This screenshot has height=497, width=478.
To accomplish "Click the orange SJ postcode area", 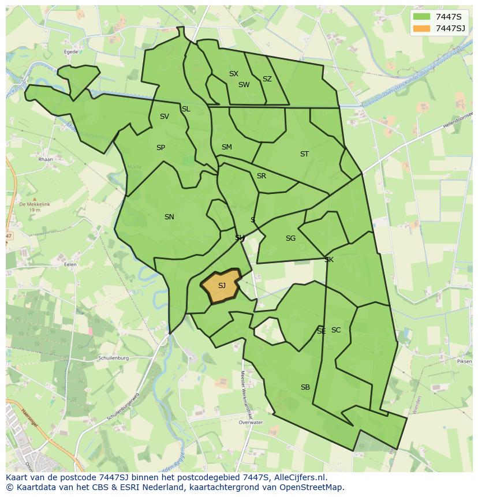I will click(221, 285).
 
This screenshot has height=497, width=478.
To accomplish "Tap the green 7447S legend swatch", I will click(422, 17).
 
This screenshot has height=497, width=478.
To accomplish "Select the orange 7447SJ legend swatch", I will click(422, 28).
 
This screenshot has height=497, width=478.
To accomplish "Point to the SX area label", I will click(234, 74).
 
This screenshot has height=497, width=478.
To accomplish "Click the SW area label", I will click(244, 85).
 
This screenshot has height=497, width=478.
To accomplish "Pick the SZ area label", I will click(267, 79).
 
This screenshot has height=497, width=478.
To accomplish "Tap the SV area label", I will click(165, 117).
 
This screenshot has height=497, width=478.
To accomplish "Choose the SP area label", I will click(160, 148).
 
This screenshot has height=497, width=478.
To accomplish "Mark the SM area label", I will click(227, 147).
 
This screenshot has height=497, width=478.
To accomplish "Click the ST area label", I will click(304, 154).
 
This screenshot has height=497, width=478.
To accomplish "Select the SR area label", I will click(262, 176).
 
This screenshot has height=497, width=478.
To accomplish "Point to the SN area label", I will click(169, 217).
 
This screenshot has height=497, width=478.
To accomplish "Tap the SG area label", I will click(290, 238).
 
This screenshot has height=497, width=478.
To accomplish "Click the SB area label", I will click(305, 387).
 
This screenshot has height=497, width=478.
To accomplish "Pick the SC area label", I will click(336, 330).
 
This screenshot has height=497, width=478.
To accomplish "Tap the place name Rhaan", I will click(45, 159).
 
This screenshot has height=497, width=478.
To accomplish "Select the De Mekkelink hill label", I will click(29, 204).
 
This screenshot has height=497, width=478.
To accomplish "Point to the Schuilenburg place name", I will click(113, 358).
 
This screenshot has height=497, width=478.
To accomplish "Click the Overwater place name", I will click(250, 423).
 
